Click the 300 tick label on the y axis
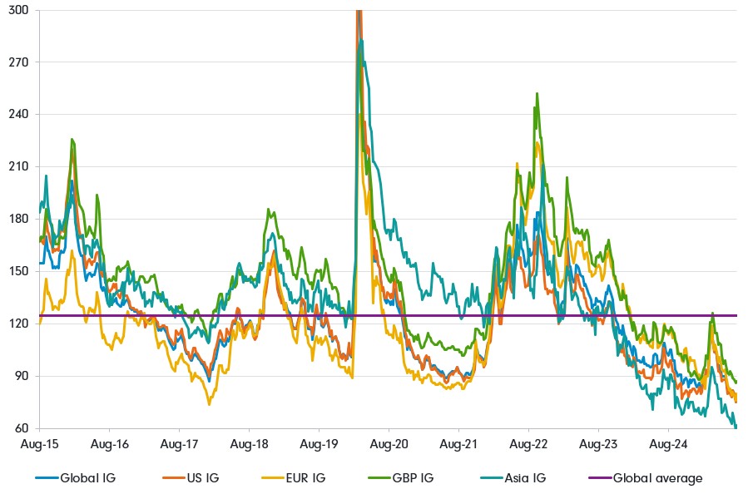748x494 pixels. tap(18, 10)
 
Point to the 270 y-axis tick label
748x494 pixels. tap(18, 62)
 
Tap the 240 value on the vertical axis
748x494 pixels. tap(18, 115)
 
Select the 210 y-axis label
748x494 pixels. tap(18, 166)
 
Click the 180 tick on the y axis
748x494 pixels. tap(18, 219)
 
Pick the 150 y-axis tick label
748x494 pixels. tap(18, 271)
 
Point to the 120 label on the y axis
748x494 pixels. tap(18, 324)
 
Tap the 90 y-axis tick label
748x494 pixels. tap(21, 376)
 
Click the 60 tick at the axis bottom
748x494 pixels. tap(21, 428)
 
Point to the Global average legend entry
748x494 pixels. tap(657, 478)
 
